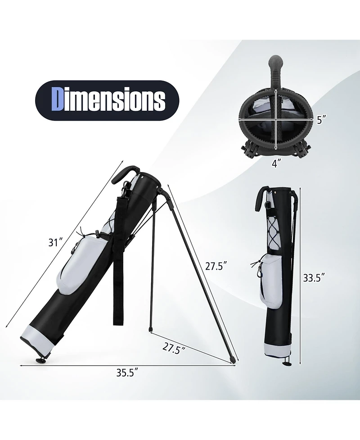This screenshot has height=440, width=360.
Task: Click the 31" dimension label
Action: [x=55, y=242]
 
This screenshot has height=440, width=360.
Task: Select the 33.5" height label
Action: [x=314, y=278]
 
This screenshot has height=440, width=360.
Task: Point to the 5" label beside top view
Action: [x=321, y=120]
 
